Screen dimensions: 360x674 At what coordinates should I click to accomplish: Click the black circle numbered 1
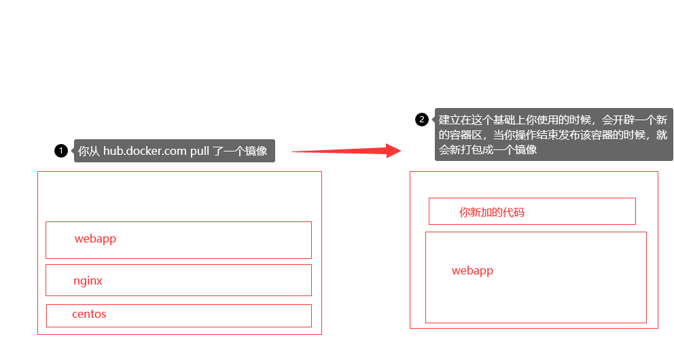[x=61, y=151]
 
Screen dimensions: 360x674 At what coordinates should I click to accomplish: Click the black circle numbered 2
[x=422, y=120]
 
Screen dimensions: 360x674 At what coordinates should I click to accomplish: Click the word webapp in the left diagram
[x=95, y=238]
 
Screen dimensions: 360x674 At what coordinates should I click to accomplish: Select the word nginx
[x=88, y=281]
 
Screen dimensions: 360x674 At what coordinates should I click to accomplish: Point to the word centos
[x=89, y=314]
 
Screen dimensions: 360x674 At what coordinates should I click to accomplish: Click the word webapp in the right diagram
[x=472, y=270]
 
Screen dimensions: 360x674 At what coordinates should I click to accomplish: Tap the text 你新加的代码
[x=492, y=213]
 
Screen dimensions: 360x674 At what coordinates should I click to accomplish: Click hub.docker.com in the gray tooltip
[x=145, y=151]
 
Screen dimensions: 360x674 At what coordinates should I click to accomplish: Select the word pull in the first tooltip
[x=200, y=151]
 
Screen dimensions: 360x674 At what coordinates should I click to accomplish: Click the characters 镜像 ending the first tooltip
[x=257, y=151]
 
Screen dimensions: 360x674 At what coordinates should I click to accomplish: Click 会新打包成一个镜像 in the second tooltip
[x=488, y=149]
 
